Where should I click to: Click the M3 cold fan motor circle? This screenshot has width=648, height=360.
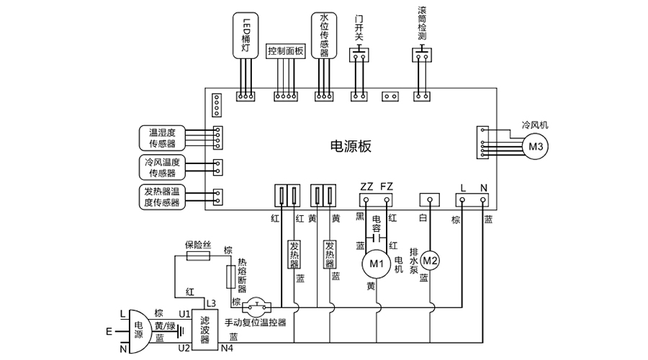point(535,147)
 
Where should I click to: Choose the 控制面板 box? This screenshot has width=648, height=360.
point(286,51)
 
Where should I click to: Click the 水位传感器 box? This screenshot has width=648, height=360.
point(324,34)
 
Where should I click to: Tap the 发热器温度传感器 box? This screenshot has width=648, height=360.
point(162,197)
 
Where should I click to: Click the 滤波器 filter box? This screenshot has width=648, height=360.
point(205,328)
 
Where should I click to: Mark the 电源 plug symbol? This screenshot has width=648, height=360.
point(138,328)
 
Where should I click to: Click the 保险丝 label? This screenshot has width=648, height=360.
point(197,245)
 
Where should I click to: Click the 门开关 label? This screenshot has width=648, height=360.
point(359,27)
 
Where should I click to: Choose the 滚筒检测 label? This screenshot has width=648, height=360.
point(422,23)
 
